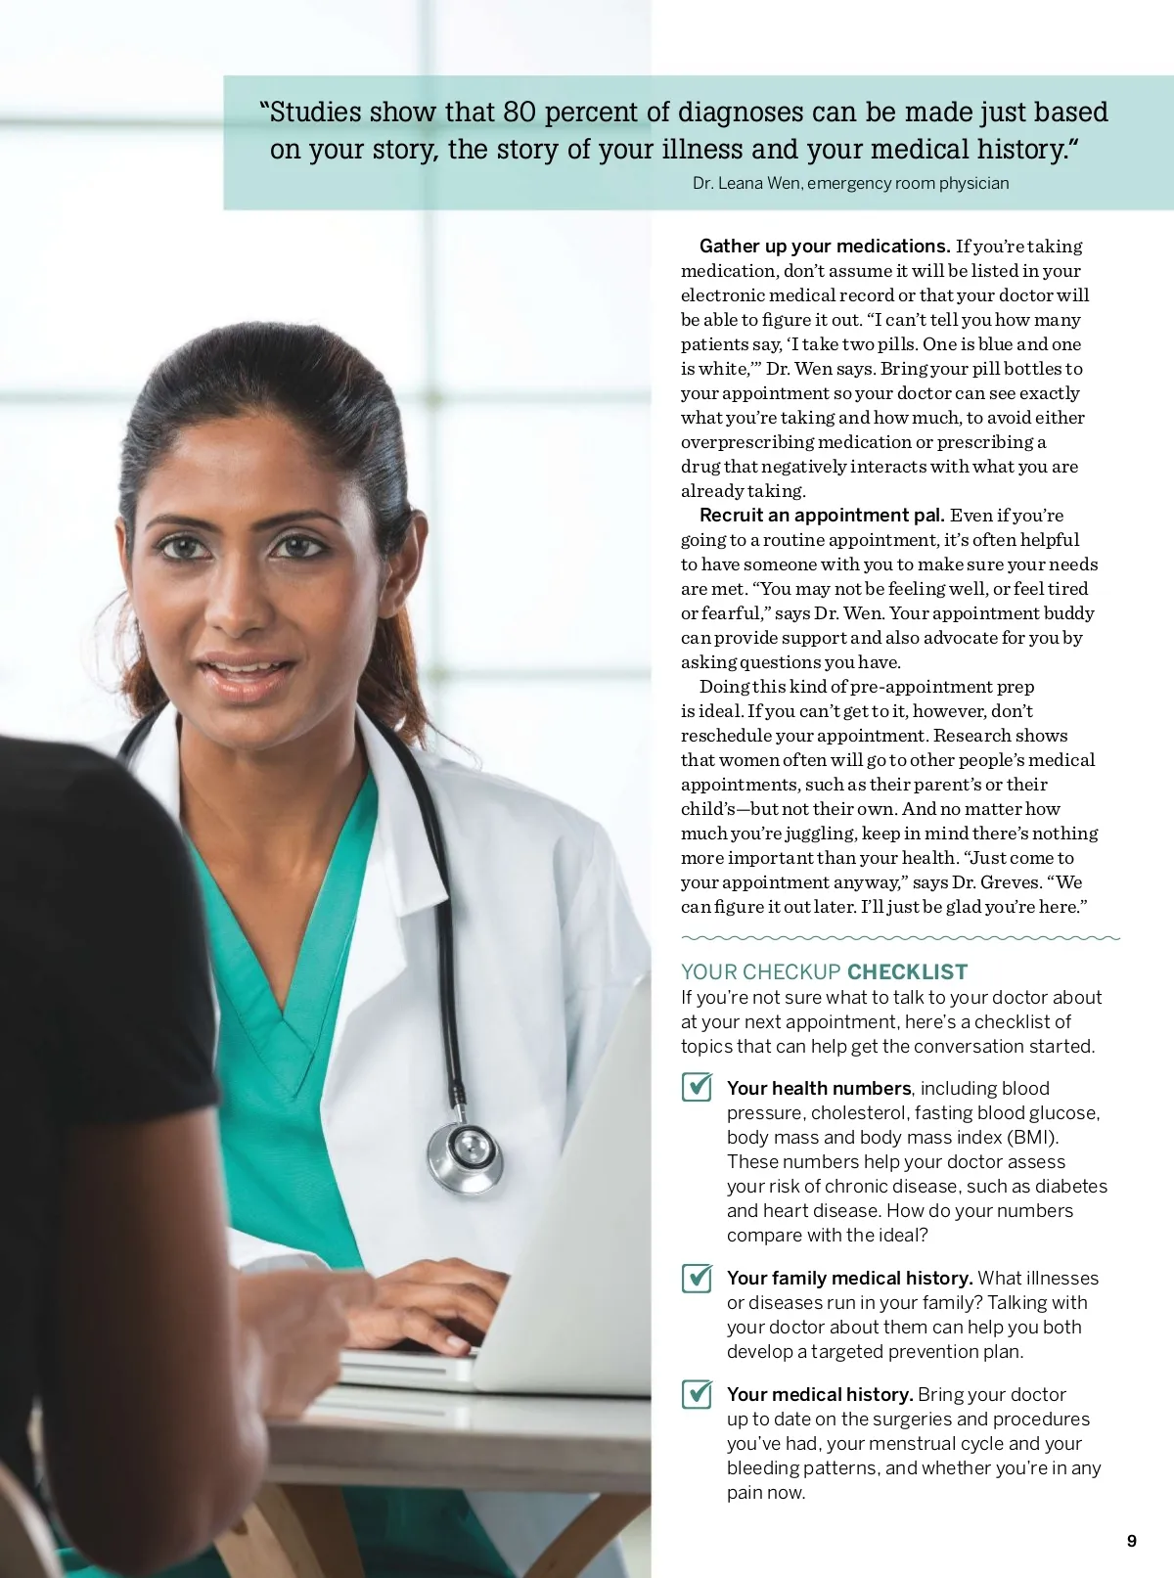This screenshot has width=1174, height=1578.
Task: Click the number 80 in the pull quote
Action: pyautogui.click(x=519, y=113)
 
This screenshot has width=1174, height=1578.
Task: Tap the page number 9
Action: pyautogui.click(x=1132, y=1541)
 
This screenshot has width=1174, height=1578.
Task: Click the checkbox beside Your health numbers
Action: pyautogui.click(x=697, y=1087)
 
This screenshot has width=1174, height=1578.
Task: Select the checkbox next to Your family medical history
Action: pyautogui.click(x=697, y=1277)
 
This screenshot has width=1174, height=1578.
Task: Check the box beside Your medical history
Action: pyautogui.click(x=697, y=1393)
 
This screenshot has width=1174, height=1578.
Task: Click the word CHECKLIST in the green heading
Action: pyautogui.click(x=907, y=971)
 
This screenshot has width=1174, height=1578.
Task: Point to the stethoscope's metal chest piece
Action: pyautogui.click(x=466, y=1156)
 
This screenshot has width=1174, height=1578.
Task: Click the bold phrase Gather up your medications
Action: pyautogui.click(x=824, y=246)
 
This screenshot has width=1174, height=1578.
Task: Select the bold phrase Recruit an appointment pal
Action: pyautogui.click(x=822, y=515)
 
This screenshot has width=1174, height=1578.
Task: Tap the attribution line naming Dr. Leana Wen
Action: pyautogui.click(x=850, y=183)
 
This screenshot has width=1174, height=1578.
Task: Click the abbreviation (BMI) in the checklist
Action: pyautogui.click(x=1033, y=1137)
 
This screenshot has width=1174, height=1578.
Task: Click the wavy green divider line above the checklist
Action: pyautogui.click(x=900, y=937)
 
